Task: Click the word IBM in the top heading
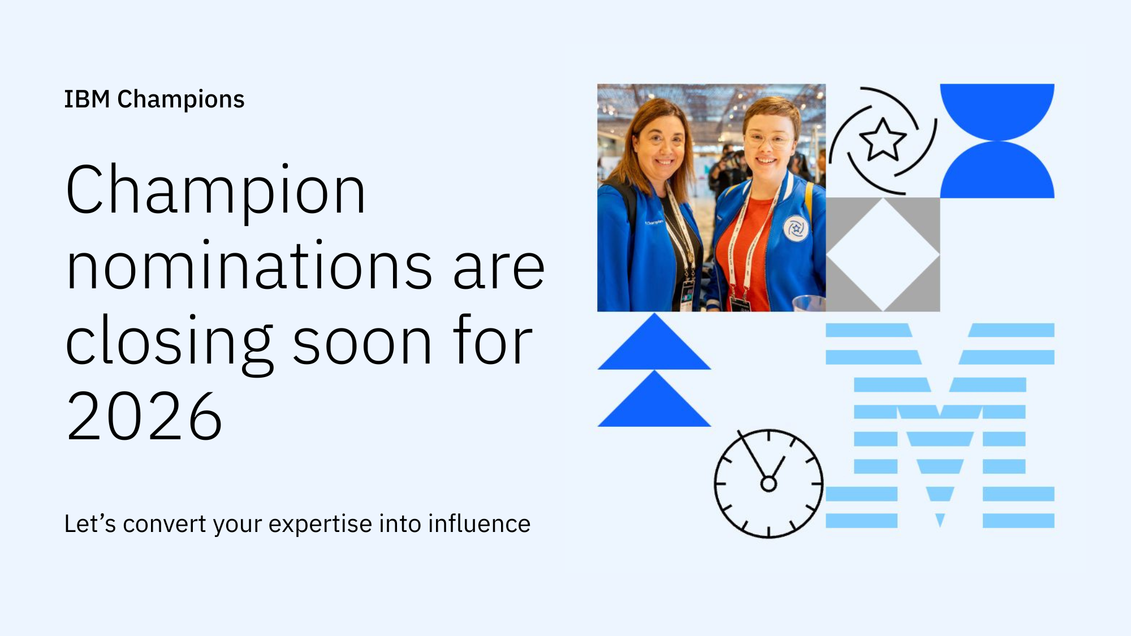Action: tap(87, 99)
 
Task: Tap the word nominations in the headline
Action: tap(249, 266)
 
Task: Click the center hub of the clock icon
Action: tap(769, 484)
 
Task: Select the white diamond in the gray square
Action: tap(883, 254)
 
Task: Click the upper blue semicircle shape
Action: tap(997, 107)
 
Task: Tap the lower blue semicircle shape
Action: tap(997, 172)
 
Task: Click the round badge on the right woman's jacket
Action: tap(796, 228)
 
